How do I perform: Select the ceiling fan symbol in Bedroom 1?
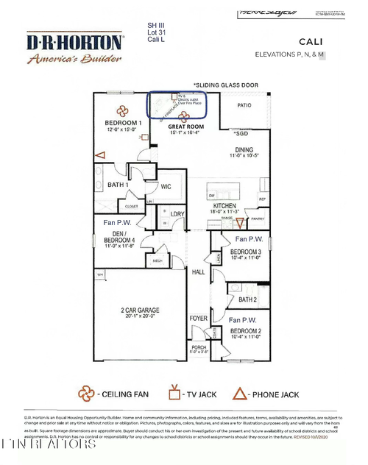pos(122,111)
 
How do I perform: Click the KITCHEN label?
pos(224,205)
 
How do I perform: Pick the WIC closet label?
pos(166,187)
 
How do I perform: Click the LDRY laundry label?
pos(177,215)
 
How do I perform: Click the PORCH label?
pos(199,347)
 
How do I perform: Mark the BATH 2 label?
pos(247,299)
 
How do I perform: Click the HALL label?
pos(199,272)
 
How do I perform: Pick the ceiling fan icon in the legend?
pos(88,394)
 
